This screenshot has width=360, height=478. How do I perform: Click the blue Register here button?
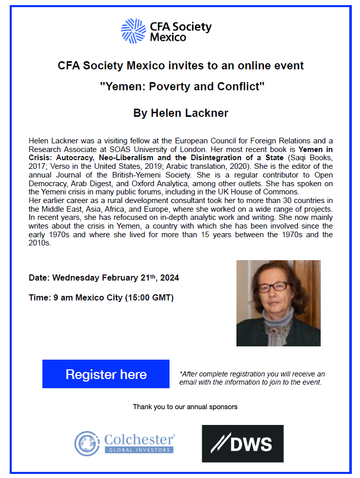pyautogui.click(x=106, y=374)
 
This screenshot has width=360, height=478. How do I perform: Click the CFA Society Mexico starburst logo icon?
pyautogui.click(x=133, y=31)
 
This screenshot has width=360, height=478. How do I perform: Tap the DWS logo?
pyautogui.click(x=243, y=443)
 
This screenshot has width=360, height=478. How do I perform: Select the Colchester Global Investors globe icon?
pyautogui.click(x=87, y=443)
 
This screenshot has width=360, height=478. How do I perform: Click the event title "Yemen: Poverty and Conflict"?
pyautogui.click(x=182, y=86)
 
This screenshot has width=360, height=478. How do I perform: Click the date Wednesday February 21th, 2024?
pyautogui.click(x=104, y=278)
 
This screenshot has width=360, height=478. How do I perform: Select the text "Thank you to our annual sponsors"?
pyautogui.click(x=185, y=407)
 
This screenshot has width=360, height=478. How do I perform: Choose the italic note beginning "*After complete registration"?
pyautogui.click(x=252, y=378)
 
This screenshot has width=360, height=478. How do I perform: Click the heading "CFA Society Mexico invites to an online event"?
pyautogui.click(x=180, y=66)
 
